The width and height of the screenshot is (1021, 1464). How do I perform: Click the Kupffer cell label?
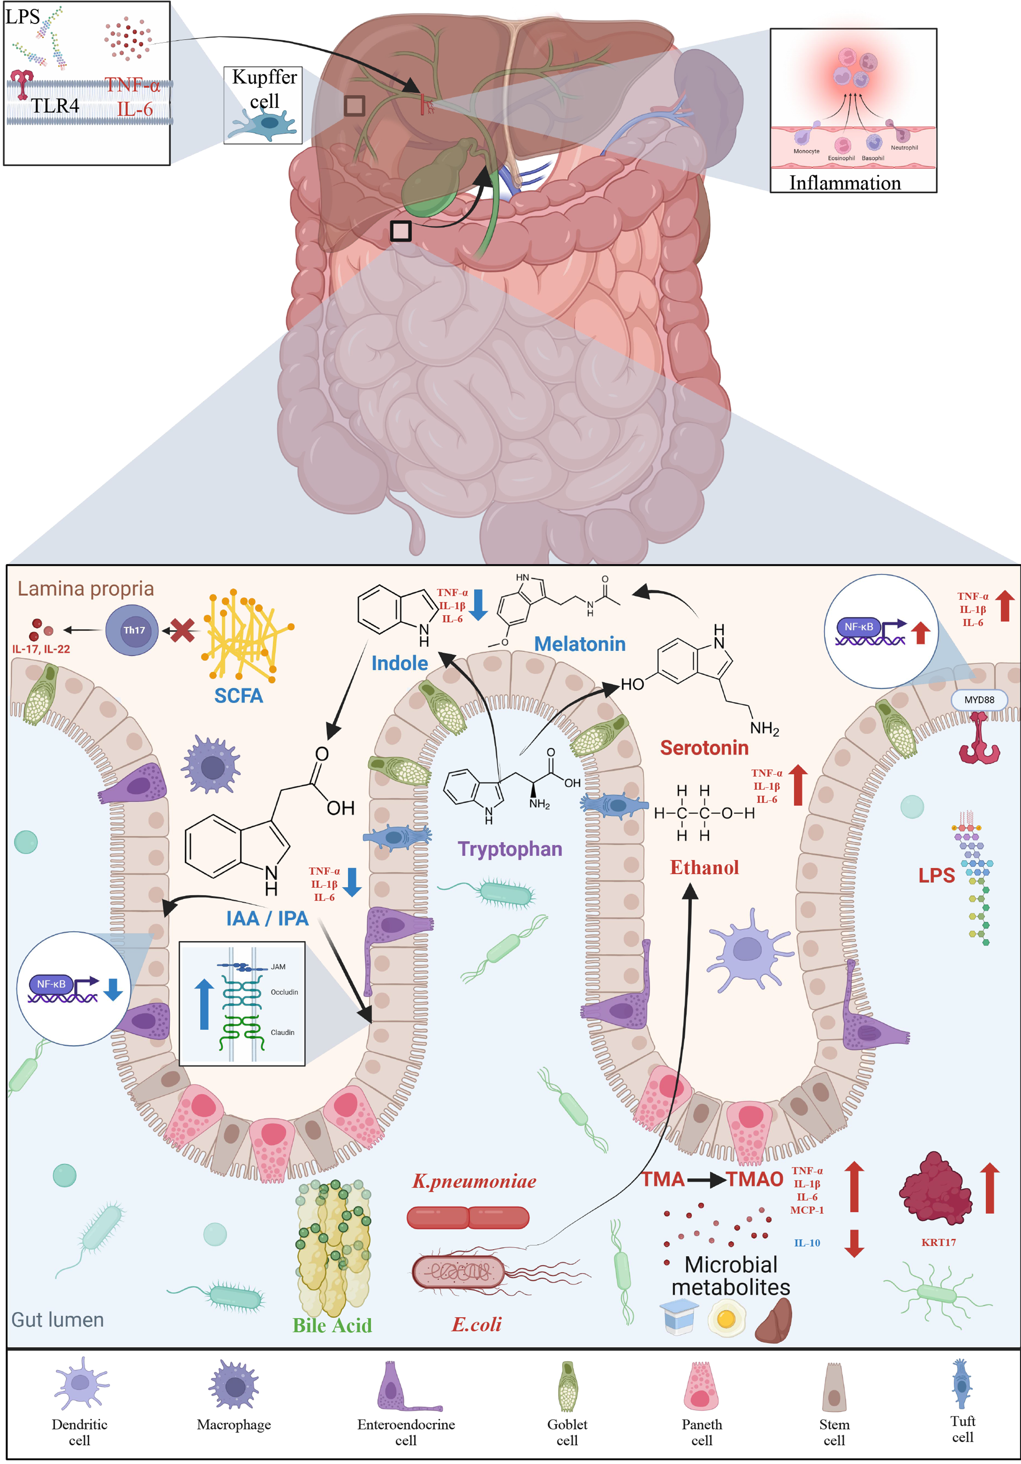pyautogui.click(x=264, y=89)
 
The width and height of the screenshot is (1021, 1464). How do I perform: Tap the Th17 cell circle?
pyautogui.click(x=132, y=630)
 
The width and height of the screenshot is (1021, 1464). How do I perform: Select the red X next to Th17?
pyautogui.click(x=183, y=631)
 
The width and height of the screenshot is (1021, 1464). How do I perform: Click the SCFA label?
pyautogui.click(x=239, y=695)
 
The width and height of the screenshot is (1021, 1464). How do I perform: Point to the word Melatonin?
pyautogui.click(x=580, y=644)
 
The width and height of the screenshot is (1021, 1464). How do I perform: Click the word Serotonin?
pyautogui.click(x=704, y=747)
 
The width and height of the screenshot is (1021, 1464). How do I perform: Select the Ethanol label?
pyautogui.click(x=704, y=867)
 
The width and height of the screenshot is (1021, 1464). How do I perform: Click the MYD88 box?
pyautogui.click(x=979, y=699)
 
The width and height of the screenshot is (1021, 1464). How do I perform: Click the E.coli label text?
pyautogui.click(x=476, y=1324)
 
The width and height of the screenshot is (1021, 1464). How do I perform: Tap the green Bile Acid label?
pyautogui.click(x=332, y=1325)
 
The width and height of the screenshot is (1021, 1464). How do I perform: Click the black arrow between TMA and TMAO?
pyautogui.click(x=706, y=1180)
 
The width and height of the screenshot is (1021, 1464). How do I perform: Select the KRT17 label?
pyautogui.click(x=938, y=1242)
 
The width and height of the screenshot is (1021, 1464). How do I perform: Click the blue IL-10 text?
pyautogui.click(x=807, y=1243)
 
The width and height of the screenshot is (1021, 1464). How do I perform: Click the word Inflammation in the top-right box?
pyautogui.click(x=845, y=183)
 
